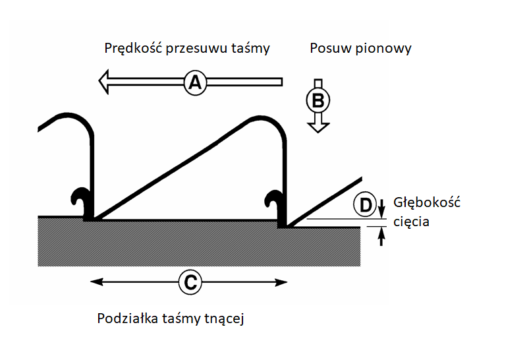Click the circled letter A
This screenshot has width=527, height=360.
(x=195, y=82)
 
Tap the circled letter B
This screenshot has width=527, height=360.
(x=318, y=100)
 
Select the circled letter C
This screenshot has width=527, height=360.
(x=189, y=282)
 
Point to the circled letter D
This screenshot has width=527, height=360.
(x=364, y=205)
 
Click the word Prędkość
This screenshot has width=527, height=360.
(x=132, y=49)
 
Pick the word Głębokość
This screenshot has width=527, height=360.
(x=426, y=202)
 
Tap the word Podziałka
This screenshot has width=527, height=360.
(x=126, y=319)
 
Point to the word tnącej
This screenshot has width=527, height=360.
(x=226, y=320)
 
